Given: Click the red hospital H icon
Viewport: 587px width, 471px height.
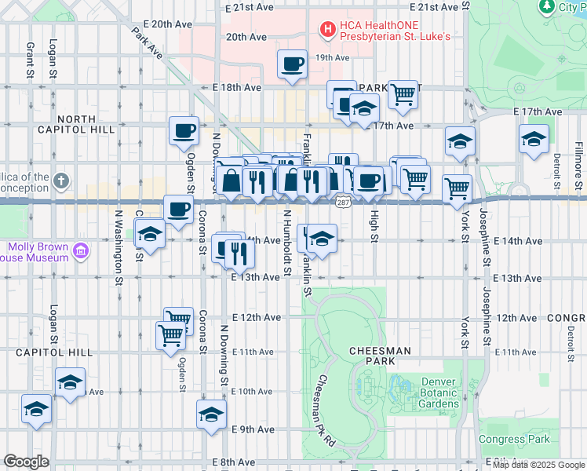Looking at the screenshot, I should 326,30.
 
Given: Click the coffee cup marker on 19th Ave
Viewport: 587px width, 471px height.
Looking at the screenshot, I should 292,64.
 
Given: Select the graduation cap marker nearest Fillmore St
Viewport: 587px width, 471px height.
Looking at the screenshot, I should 534,141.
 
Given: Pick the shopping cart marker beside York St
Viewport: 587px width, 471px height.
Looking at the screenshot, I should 457,188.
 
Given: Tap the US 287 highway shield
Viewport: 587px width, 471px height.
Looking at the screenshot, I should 342,203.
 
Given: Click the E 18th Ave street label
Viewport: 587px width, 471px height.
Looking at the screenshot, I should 238,88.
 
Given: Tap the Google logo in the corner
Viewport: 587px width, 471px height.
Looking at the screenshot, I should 26,462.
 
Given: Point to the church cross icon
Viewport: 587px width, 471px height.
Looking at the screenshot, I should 62,183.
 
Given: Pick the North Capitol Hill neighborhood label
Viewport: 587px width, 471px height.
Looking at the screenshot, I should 76,125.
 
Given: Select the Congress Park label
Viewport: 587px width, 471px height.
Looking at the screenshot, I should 514,439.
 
